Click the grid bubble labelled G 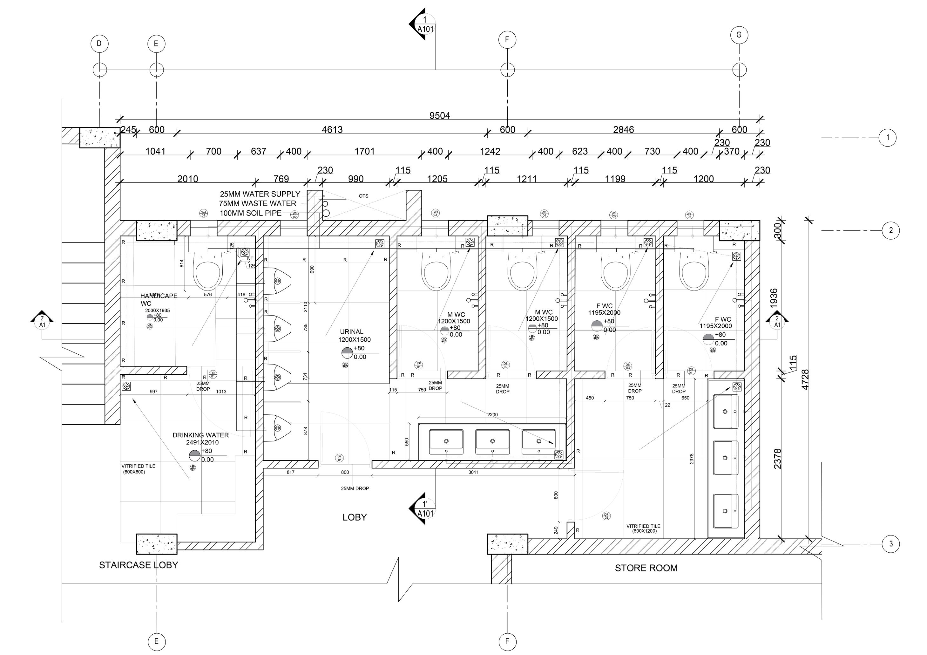click(x=739, y=35)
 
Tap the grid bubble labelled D click(x=99, y=44)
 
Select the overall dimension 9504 click(x=439, y=116)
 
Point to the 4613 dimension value click(x=332, y=130)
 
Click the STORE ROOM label click(x=646, y=568)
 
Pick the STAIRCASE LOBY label click(x=139, y=565)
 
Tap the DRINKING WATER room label click(x=201, y=435)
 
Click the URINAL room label click(x=351, y=332)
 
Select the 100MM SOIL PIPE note click(x=250, y=213)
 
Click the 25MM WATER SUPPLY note click(x=260, y=194)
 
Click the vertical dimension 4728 click(x=805, y=379)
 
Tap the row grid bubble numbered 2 click(x=891, y=231)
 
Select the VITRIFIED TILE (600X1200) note click(x=643, y=529)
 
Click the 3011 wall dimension click(x=473, y=472)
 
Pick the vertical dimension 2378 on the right click(x=778, y=459)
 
